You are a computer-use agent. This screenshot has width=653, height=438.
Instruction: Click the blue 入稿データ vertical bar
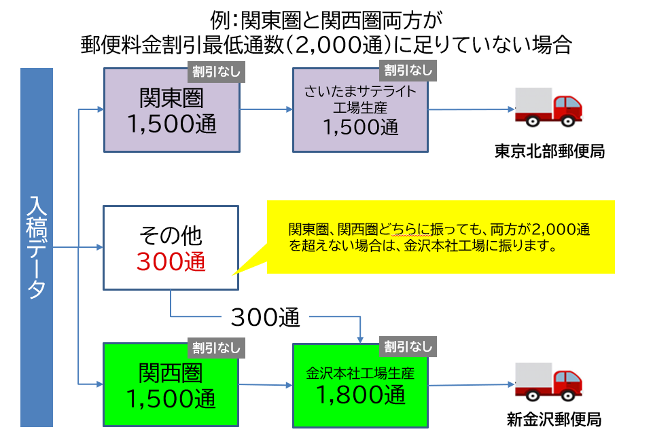coord(36,247)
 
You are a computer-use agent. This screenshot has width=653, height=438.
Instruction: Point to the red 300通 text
coord(171,261)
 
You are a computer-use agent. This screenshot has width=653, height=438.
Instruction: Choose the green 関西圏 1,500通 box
coord(171,386)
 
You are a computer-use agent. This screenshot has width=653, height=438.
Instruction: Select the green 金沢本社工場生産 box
coord(360,385)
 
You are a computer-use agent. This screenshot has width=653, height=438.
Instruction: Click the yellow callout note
coord(440,237)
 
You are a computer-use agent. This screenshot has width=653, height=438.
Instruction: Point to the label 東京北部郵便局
coord(549,151)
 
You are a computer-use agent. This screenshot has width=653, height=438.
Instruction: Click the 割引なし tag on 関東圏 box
coord(216,71)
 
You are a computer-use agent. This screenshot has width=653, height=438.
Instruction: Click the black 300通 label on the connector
coord(265,316)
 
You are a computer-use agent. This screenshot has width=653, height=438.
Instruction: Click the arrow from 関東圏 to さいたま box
coord(266,109)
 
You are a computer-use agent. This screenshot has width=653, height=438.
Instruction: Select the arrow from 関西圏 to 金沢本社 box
coord(266,385)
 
